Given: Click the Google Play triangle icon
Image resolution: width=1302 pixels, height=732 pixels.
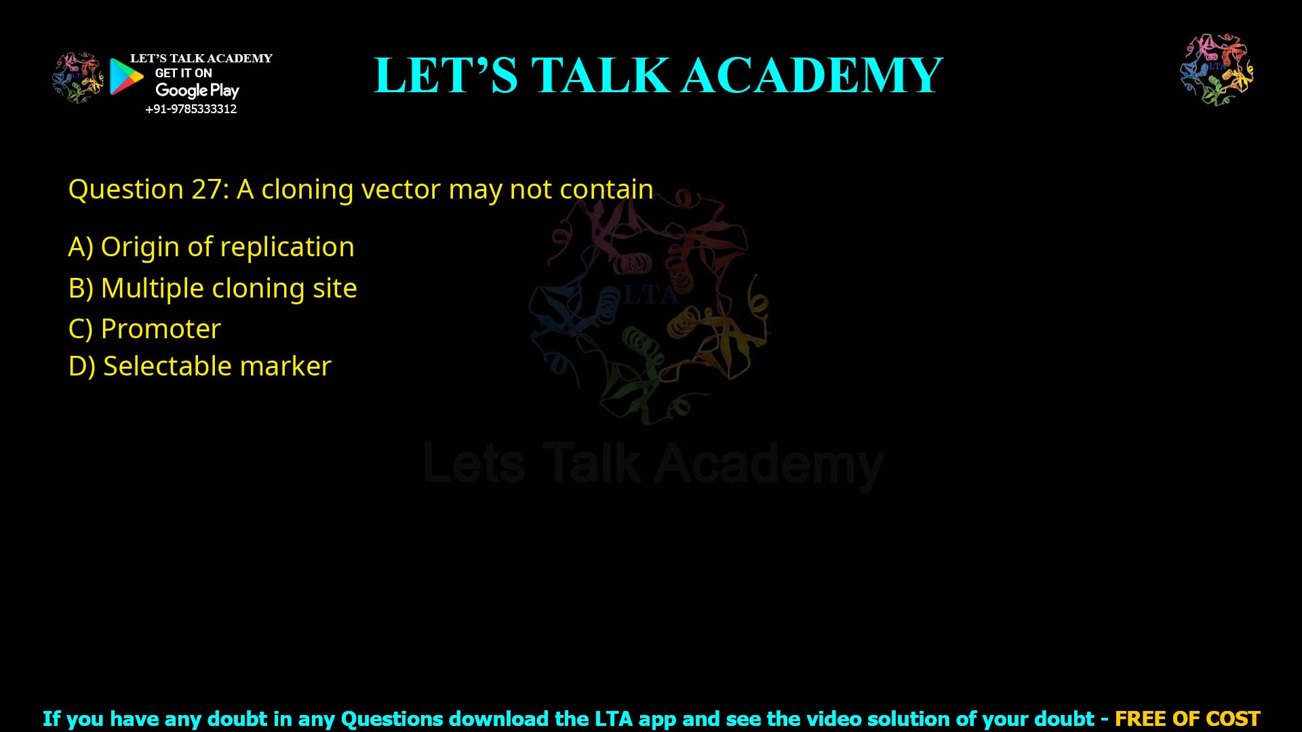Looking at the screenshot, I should pos(126,77).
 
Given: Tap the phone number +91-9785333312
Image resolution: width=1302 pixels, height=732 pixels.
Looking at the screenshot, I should pos(191,109).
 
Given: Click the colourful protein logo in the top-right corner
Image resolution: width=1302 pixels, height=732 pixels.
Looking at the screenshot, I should pos(1217,70).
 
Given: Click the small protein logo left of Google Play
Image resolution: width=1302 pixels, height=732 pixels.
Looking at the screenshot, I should pos(78,78).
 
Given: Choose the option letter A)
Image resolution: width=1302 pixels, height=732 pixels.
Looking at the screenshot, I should pos(81,247).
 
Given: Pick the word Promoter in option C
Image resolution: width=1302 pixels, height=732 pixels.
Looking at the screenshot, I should pos(161,329).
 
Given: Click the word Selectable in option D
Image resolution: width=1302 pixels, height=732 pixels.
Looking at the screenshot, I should pos(167,366).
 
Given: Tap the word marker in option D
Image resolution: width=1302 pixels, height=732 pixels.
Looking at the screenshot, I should pos(285,366).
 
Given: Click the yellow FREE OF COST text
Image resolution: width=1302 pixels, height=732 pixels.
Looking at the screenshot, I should pos(1187,718).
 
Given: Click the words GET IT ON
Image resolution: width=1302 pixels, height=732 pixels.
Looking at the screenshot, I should pos(183,73).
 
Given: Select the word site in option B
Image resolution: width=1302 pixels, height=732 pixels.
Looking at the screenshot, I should pos(334,288).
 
